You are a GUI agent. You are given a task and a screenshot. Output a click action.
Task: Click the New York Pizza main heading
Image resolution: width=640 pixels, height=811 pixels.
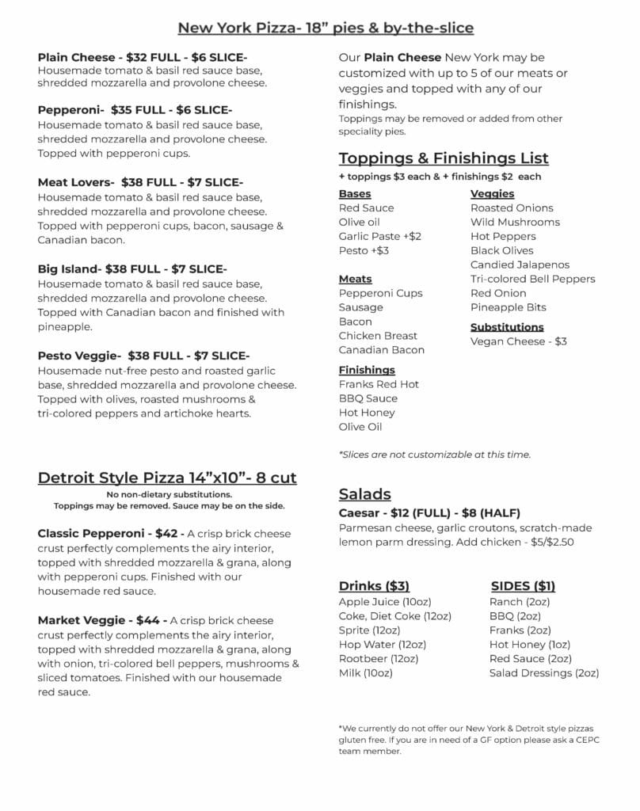pos(326,29)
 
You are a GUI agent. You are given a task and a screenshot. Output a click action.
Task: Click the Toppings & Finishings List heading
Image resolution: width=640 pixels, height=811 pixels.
pos(444,158)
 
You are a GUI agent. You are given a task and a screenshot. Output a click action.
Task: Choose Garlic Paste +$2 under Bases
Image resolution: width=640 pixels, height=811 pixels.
pos(380,236)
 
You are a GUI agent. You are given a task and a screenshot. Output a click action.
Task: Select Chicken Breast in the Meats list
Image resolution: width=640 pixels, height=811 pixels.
pos(378,336)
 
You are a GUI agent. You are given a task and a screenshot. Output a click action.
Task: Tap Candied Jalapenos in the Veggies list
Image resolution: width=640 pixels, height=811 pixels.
pos(520,265)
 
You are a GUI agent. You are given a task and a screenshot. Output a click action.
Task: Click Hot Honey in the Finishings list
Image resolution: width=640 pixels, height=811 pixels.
pos(367,413)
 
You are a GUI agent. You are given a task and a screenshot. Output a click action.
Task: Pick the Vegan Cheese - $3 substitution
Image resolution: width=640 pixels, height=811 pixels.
pos(519,341)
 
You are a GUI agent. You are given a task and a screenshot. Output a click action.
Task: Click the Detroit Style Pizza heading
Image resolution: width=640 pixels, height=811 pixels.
pos(167,478)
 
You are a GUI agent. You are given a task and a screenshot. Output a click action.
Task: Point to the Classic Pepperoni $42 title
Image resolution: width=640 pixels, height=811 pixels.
pos(111,534)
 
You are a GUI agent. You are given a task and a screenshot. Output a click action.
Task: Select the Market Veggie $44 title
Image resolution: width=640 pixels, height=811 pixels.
pos(101,620)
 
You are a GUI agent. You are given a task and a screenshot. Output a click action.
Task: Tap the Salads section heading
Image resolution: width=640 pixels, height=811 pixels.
pos(365,494)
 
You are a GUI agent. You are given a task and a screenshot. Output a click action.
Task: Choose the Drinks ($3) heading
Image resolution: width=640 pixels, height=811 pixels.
pos(374,586)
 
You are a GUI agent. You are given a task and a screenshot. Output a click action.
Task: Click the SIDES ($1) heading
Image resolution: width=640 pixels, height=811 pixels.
pos(523,586)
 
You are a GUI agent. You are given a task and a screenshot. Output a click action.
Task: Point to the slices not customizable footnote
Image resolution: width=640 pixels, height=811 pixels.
pos(434,455)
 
